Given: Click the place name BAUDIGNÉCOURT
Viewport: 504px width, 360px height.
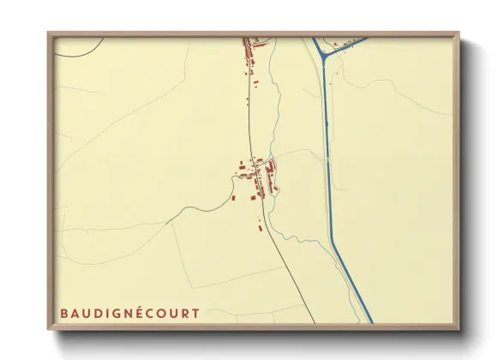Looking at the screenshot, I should pos(129,313).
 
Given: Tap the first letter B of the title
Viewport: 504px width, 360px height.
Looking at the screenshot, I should pos(64,313).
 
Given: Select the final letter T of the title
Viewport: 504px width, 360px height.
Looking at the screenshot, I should pos(195,313).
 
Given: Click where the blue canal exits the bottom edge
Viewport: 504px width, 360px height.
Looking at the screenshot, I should pos(370,321).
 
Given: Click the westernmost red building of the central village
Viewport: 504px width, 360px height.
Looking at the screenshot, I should pos(232,197).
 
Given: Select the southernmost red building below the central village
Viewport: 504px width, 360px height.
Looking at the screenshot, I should pos(260,228).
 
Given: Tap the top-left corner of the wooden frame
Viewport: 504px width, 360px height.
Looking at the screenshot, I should pos(49,33).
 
